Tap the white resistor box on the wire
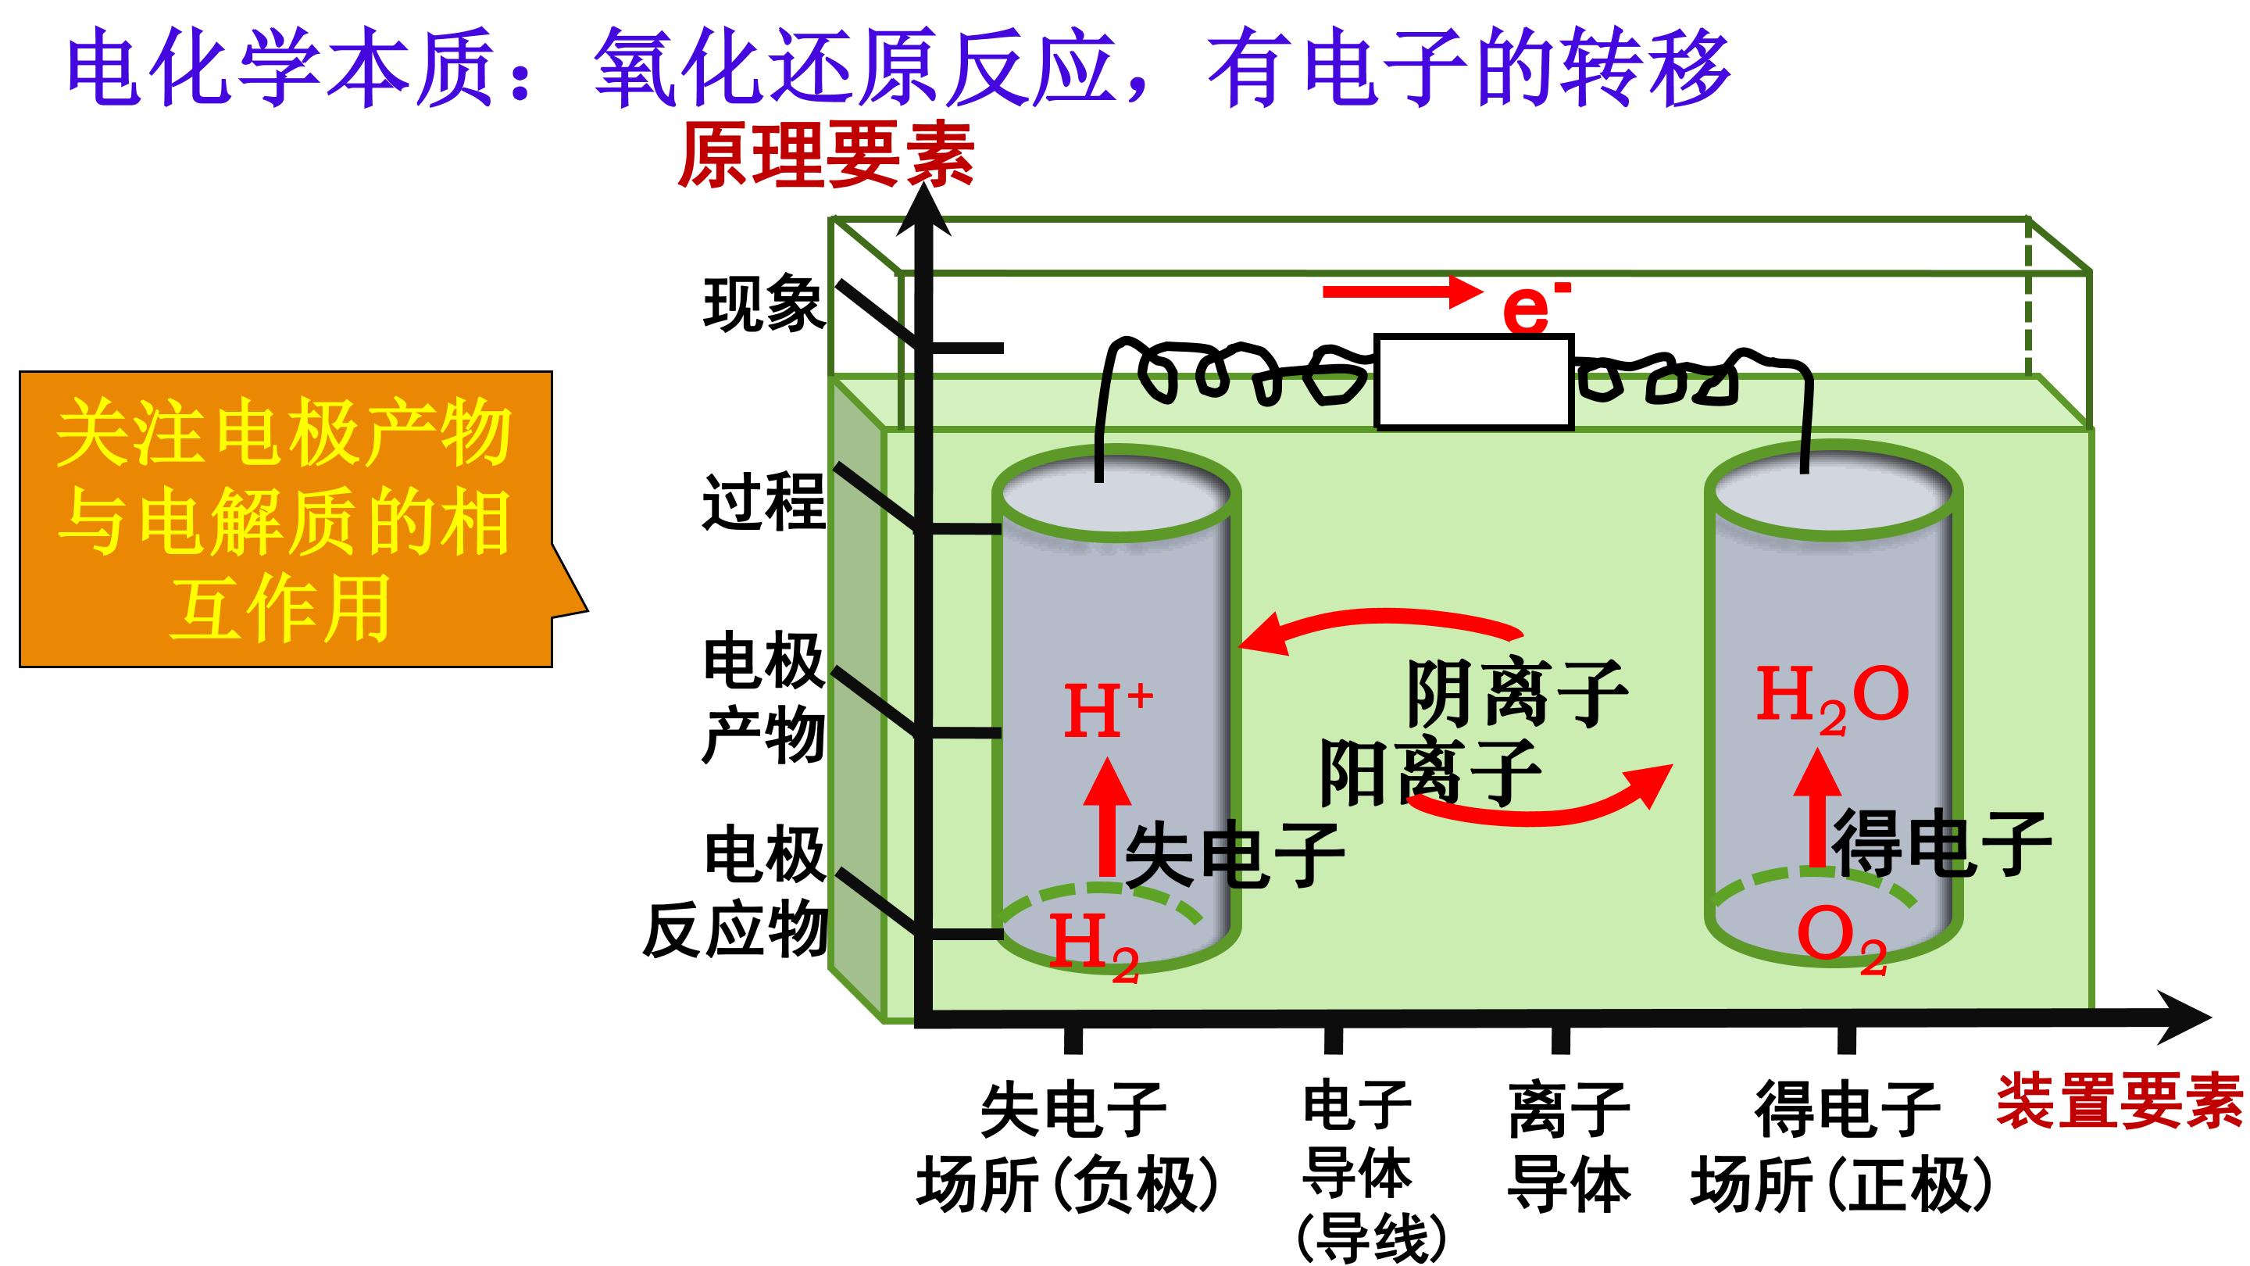click(x=1473, y=382)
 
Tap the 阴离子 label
click(x=1517, y=694)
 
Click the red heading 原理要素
click(x=827, y=156)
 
